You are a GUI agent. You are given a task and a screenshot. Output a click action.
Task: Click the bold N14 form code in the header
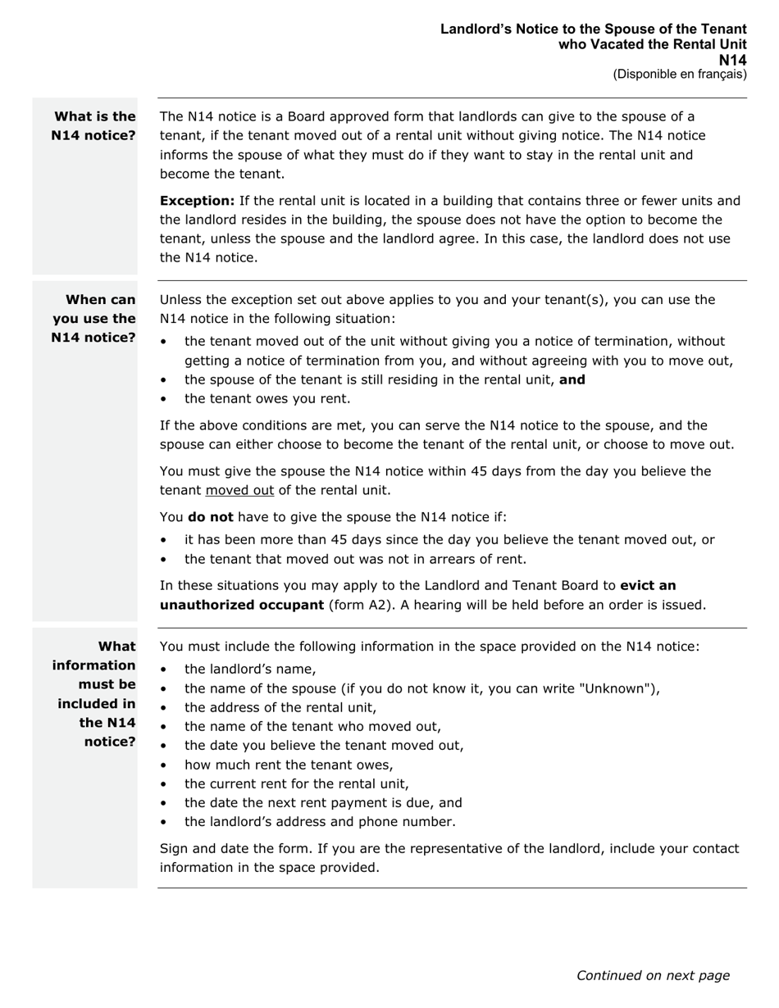(733, 60)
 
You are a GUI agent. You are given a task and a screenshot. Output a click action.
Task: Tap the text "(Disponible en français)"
(679, 75)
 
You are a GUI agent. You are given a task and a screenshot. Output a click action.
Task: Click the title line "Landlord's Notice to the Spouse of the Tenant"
(593, 30)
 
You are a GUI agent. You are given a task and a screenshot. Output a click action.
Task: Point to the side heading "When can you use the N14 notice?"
(94, 319)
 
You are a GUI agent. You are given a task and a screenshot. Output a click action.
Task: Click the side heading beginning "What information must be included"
(94, 694)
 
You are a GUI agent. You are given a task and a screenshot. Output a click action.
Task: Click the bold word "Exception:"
(197, 201)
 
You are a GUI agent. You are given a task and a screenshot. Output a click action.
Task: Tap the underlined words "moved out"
(239, 491)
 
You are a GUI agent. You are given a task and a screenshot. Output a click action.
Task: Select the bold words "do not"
(211, 517)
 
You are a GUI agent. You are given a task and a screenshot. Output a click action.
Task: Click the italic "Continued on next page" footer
(653, 975)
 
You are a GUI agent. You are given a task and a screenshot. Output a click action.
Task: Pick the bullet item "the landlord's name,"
(250, 669)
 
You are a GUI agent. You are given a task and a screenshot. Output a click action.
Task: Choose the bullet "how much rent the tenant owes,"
(289, 765)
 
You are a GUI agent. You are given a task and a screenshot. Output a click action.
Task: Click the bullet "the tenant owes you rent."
(267, 399)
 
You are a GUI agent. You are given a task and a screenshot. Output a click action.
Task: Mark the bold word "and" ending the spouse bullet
(572, 379)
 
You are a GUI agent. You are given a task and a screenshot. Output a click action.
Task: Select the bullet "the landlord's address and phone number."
(320, 822)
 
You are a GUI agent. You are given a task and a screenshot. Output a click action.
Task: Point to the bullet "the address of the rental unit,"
(280, 707)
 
